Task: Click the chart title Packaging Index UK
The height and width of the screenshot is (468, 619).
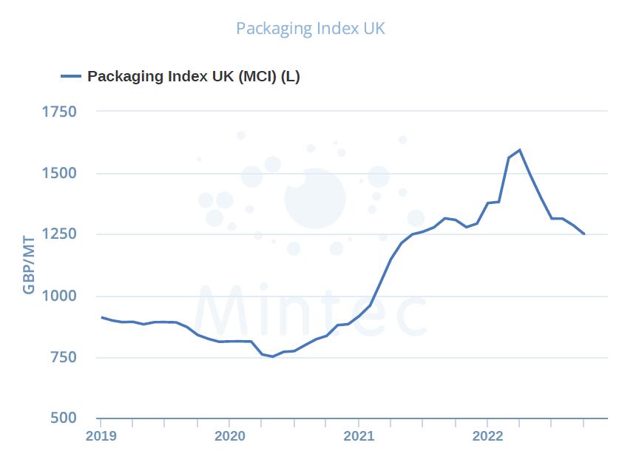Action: click(x=311, y=29)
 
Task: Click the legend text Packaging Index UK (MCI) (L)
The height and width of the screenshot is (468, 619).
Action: click(x=194, y=76)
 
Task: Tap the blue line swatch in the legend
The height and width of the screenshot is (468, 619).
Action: click(x=71, y=76)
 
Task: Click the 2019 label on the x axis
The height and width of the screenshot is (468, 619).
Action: click(x=101, y=435)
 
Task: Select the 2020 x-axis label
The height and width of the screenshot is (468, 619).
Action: click(x=229, y=435)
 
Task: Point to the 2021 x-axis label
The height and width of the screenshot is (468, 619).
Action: click(x=359, y=435)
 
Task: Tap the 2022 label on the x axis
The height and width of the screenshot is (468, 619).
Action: click(x=487, y=435)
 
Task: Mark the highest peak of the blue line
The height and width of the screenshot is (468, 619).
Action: click(x=520, y=150)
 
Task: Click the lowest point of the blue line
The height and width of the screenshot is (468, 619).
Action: click(x=272, y=356)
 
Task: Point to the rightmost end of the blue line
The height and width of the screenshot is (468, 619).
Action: click(x=584, y=234)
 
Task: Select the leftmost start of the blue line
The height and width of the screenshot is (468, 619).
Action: click(x=101, y=317)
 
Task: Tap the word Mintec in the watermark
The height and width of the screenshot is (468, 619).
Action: click(x=311, y=311)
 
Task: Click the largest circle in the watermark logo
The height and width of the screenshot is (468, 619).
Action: click(x=315, y=197)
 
